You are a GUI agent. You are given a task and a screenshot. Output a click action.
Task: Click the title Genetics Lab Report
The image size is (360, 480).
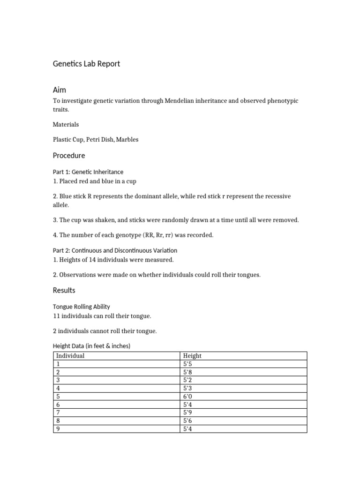coord(86,63)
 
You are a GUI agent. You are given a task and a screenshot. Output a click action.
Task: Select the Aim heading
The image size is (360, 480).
coord(60,90)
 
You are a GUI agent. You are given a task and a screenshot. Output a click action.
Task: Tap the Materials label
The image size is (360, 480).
coord(66,125)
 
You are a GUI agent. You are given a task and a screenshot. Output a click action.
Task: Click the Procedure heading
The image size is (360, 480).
coord(69,155)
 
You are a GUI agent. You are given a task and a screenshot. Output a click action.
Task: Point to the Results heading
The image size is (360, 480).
coord(64,290)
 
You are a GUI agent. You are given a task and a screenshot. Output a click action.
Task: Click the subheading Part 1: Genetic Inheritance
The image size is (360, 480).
coord(88,172)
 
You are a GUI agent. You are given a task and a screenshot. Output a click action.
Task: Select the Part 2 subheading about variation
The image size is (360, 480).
coord(115,250)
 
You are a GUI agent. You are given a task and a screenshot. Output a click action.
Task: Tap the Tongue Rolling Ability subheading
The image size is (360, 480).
coord(82,307)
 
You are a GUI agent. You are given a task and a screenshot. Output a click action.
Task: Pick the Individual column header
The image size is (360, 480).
coord(70,356)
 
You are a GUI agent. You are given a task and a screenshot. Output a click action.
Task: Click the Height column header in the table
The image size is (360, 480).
coord(192,356)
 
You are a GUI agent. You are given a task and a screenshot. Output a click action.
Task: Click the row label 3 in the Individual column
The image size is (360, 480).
coord(58,380)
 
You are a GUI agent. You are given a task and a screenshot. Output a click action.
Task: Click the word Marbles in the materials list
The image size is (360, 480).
coord(127,140)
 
